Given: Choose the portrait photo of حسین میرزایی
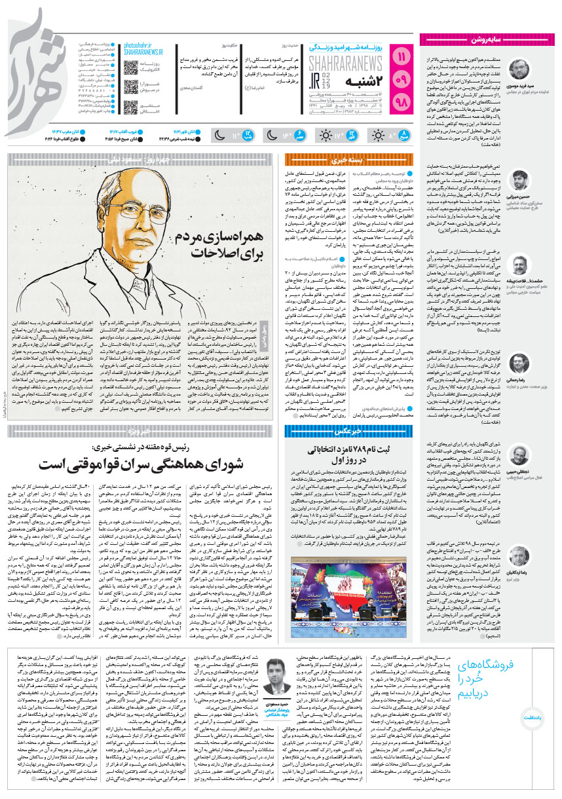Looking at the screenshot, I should point(519,181).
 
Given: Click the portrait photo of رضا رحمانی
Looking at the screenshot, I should point(519,363).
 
